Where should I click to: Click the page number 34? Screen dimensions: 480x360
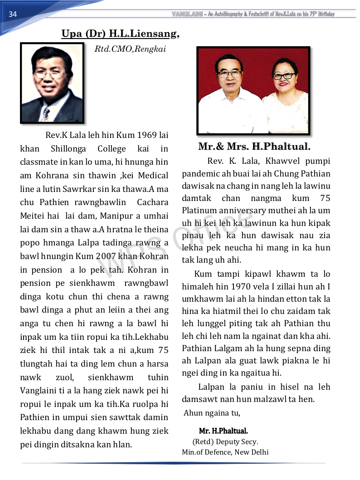coord(13,14)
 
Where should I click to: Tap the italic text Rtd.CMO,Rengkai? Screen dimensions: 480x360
coord(130,49)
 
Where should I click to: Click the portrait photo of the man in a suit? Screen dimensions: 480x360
coord(52,83)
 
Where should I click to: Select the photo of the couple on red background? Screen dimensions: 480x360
coord(253,91)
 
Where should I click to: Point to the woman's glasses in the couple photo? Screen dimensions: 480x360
coord(284,75)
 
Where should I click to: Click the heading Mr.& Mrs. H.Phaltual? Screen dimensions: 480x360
coord(254,147)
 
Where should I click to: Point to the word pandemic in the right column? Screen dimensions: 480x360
coord(203,174)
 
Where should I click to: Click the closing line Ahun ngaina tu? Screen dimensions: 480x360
coord(212,413)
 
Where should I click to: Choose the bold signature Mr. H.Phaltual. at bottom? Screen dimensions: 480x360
coord(223,431)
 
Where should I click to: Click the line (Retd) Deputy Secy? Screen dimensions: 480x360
coord(225,441)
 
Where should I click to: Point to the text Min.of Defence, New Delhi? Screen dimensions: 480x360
coord(225,452)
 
